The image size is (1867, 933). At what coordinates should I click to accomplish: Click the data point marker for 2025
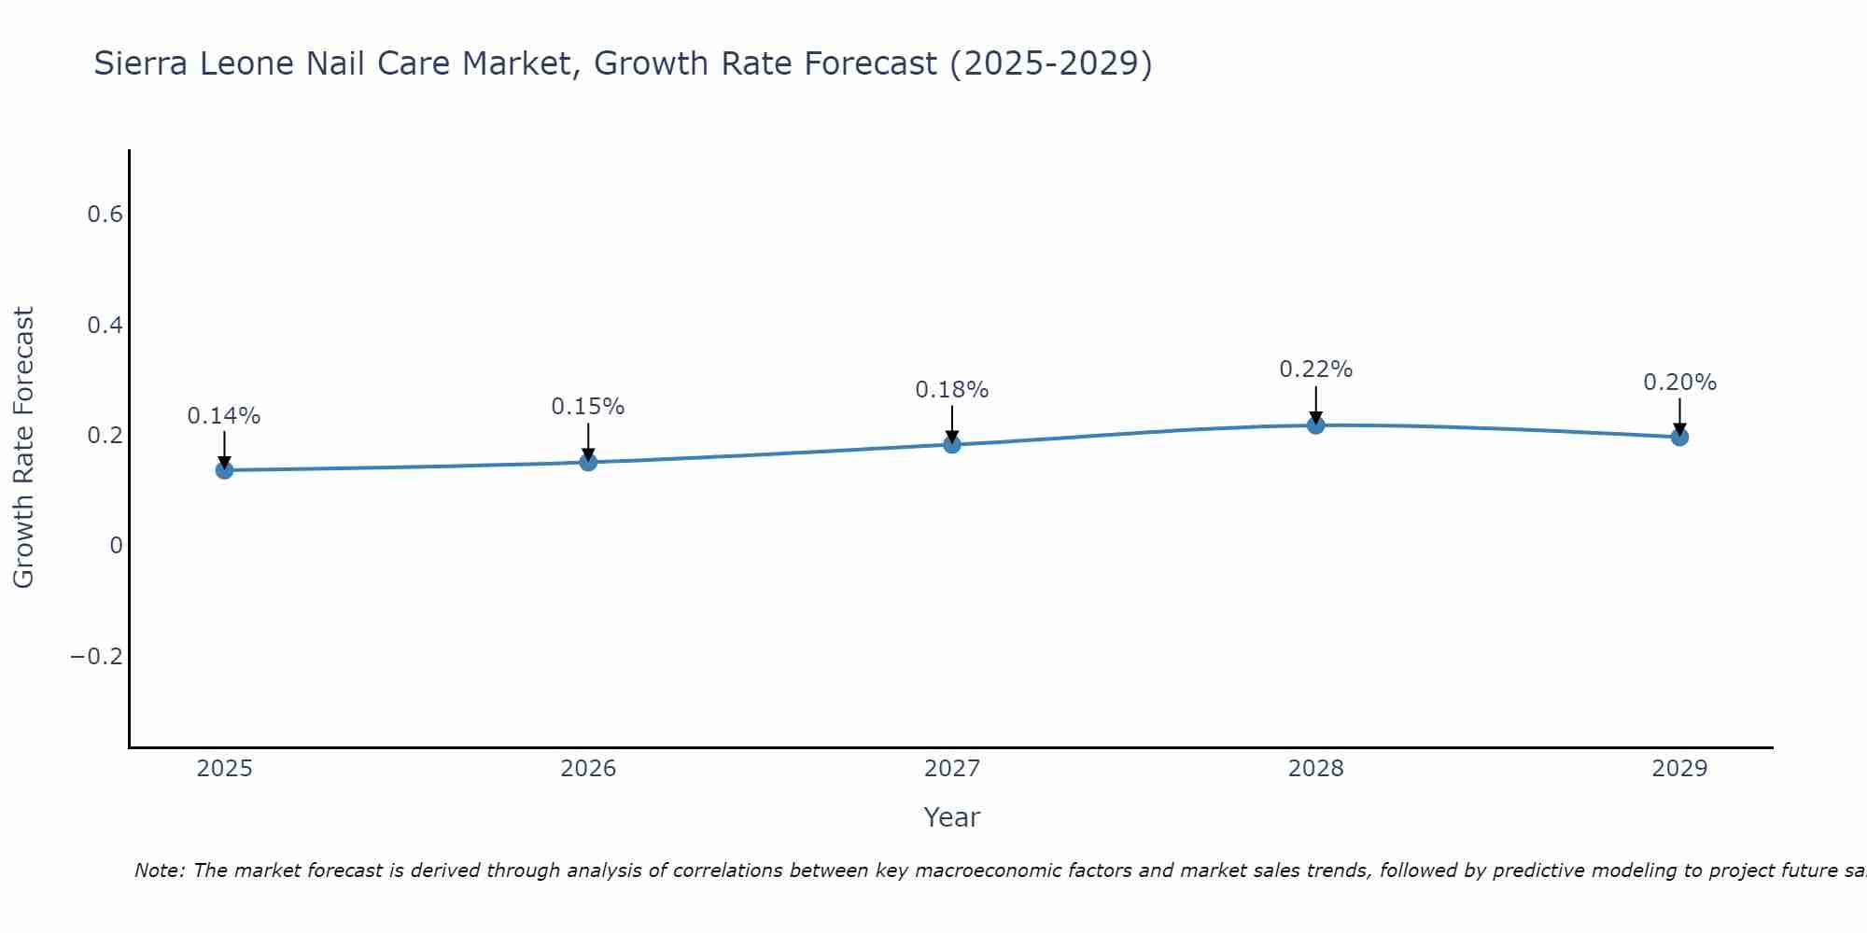click(x=224, y=469)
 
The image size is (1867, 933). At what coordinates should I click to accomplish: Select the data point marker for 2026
click(x=588, y=462)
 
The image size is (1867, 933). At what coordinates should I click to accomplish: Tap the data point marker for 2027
click(x=952, y=444)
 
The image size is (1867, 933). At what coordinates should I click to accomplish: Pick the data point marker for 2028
click(x=1315, y=425)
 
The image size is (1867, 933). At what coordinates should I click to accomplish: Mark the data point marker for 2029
click(x=1679, y=437)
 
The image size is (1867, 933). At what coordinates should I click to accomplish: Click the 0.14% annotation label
click(x=224, y=416)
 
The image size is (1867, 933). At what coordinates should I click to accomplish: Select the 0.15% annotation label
click(x=588, y=407)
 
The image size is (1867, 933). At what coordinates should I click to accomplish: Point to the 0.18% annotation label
click(x=952, y=390)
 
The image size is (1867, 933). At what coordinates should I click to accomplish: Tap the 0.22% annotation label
click(x=1315, y=369)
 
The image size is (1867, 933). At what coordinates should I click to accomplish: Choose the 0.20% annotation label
click(x=1679, y=383)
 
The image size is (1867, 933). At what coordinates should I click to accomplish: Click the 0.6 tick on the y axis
click(x=105, y=215)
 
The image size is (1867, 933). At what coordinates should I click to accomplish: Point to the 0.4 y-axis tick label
click(x=105, y=326)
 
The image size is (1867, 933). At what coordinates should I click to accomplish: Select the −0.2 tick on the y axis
click(x=96, y=657)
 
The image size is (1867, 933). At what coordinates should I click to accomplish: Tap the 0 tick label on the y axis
click(x=116, y=546)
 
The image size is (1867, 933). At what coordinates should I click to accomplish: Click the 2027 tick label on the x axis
click(x=952, y=769)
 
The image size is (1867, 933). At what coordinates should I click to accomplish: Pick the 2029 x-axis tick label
click(x=1679, y=769)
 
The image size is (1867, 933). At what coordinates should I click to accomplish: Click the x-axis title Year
click(x=952, y=817)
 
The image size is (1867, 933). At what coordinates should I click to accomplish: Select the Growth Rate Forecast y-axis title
click(x=23, y=448)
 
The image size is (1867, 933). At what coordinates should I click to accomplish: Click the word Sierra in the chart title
click(x=140, y=63)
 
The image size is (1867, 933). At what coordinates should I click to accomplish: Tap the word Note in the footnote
click(x=160, y=870)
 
